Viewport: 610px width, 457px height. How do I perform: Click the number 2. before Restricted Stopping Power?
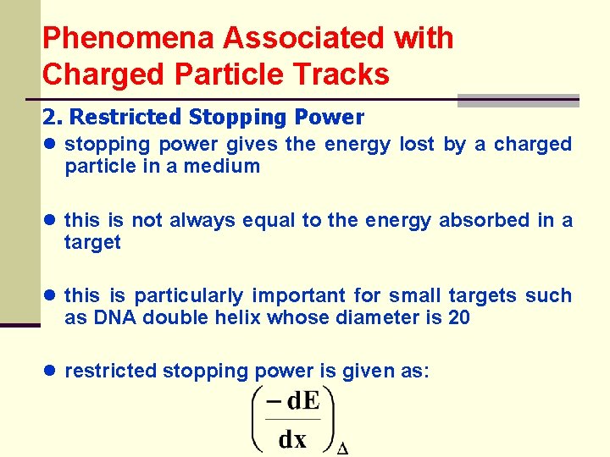pos(52,118)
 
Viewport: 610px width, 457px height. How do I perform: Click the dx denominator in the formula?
pos(293,439)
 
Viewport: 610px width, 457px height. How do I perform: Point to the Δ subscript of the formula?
pos(343,448)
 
